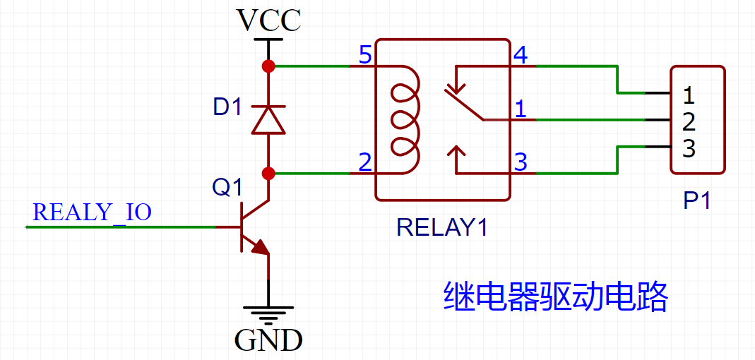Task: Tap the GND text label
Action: click(x=268, y=340)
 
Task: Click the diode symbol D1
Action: click(x=268, y=120)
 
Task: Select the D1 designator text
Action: click(x=227, y=108)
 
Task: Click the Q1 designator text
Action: click(x=227, y=188)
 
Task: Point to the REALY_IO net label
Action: click(x=92, y=212)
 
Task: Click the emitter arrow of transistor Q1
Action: click(x=259, y=248)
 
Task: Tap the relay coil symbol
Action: click(x=405, y=119)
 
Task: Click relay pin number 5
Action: click(x=365, y=55)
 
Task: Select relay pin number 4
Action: click(x=521, y=55)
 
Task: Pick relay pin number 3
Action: click(x=521, y=162)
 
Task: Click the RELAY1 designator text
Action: click(x=442, y=227)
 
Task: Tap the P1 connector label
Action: click(x=697, y=201)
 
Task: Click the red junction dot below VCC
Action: click(x=268, y=66)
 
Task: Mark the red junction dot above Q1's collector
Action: click(x=268, y=173)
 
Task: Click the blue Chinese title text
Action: click(x=556, y=297)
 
